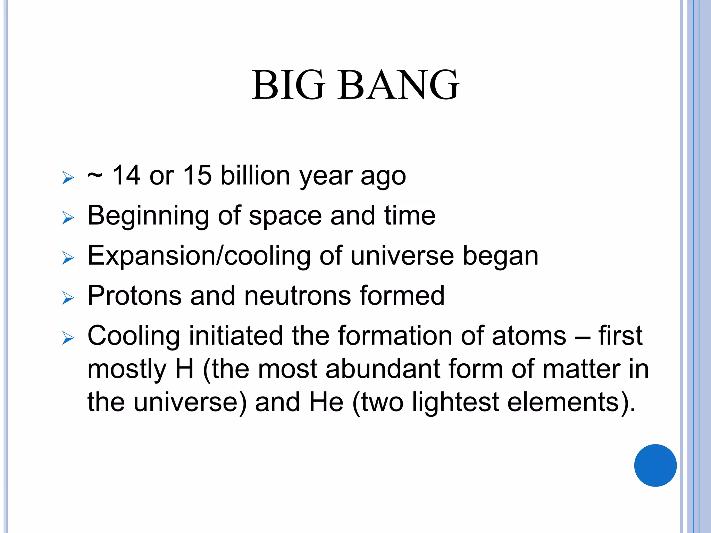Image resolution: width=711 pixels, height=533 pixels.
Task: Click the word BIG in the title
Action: tap(288, 85)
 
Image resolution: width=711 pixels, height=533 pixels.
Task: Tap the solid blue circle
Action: tap(655, 465)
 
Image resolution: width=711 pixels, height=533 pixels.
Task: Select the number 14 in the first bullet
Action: tap(126, 175)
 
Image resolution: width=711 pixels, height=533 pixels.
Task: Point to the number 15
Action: tap(197, 175)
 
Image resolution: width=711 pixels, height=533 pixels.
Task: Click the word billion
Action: tap(255, 175)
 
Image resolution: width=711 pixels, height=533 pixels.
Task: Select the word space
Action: tap(285, 216)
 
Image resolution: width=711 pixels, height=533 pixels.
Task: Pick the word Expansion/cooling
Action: tap(199, 256)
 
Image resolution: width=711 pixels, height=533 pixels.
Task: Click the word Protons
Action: tap(134, 296)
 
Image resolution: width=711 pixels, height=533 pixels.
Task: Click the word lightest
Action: tap(455, 403)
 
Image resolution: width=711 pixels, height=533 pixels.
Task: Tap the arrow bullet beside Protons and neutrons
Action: tap(68, 298)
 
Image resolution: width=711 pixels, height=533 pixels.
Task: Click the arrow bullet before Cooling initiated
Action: tap(68, 338)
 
